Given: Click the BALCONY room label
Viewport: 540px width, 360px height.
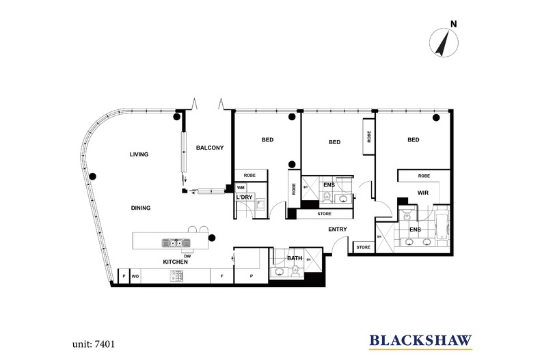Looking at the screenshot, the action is pos(210,148).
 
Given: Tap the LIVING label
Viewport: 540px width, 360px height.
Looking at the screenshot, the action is pos(139,154).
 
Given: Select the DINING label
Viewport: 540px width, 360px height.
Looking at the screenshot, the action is pos(141,208).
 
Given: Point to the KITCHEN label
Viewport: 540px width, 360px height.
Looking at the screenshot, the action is pos(175,262).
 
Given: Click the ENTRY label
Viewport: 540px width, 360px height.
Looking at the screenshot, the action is pos(338,230).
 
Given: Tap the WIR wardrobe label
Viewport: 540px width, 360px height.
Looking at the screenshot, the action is pos(423,193).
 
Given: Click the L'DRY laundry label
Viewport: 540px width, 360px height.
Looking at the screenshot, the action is pos(244,197).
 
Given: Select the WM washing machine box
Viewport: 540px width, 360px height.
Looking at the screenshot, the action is pos(241,188).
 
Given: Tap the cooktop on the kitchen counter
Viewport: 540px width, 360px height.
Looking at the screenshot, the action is pos(176,276).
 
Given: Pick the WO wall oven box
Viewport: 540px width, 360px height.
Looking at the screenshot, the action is pos(135,277).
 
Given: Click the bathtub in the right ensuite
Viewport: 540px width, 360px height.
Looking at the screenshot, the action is pos(441,227).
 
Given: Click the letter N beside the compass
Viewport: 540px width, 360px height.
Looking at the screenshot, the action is pos(454,24).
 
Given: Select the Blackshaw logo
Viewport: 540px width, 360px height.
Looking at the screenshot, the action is pos(420,341).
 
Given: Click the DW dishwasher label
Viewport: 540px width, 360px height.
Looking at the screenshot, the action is pos(187,256).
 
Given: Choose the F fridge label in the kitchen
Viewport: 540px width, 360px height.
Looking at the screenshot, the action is pos(221,276).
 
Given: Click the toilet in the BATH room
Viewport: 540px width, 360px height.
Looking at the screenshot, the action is pos(295,271).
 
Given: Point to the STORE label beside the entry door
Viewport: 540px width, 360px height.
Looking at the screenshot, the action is pos(364,247).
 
